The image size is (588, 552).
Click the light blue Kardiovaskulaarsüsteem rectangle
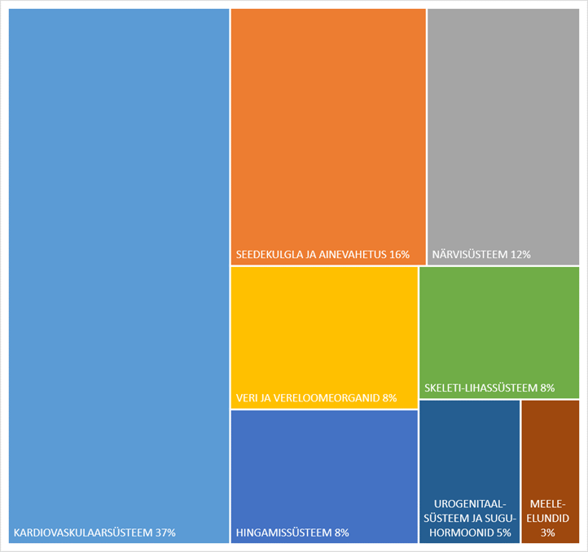(119, 276)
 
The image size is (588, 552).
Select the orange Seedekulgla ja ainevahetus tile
(328, 137)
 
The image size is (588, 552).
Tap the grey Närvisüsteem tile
(503, 137)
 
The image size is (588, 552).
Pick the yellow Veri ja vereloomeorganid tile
(324, 338)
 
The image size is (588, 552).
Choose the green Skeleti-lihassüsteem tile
(499, 332)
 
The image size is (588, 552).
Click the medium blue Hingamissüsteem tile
(324, 476)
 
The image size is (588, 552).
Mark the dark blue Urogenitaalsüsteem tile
(469, 471)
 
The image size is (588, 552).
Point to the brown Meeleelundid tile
(551, 471)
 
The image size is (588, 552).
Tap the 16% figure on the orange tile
(399, 255)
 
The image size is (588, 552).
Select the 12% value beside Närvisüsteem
(520, 255)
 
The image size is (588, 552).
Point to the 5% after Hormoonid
(504, 532)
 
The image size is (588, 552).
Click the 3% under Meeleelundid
(548, 532)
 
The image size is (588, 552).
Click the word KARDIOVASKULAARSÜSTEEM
(83, 532)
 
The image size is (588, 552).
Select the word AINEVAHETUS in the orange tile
(353, 255)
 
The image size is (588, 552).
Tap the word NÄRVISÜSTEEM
(470, 254)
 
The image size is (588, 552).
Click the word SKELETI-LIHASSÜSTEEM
(481, 388)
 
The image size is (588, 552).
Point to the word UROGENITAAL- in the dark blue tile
(470, 504)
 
